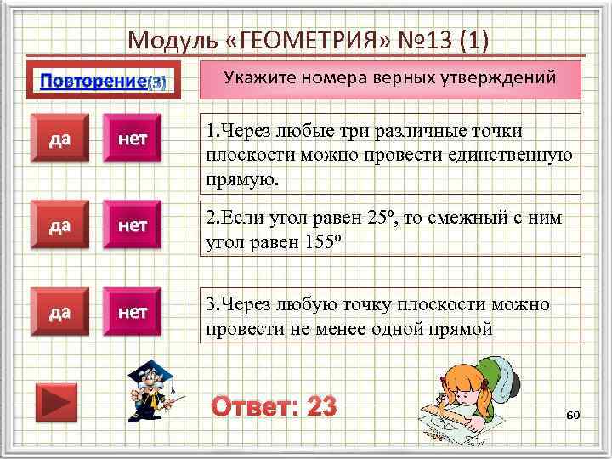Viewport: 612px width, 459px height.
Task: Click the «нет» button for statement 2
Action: point(133,226)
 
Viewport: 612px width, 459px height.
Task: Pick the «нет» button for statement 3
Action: point(133,313)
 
